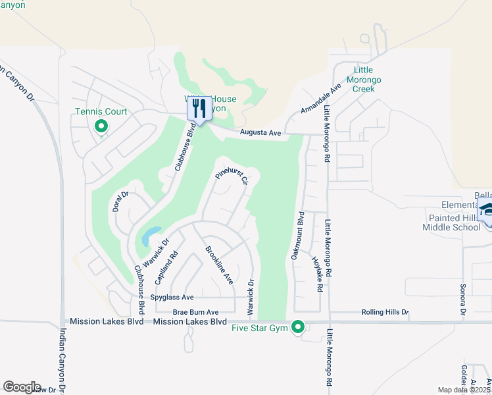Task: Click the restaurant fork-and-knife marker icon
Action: (x=200, y=109)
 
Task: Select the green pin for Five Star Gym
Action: (x=299, y=327)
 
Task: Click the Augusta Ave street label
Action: (x=260, y=133)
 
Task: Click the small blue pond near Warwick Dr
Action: (x=150, y=234)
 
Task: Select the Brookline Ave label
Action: (x=220, y=265)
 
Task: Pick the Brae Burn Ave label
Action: (x=195, y=312)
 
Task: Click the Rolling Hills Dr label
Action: (x=385, y=312)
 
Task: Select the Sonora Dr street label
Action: (x=463, y=299)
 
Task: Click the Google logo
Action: (x=22, y=387)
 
